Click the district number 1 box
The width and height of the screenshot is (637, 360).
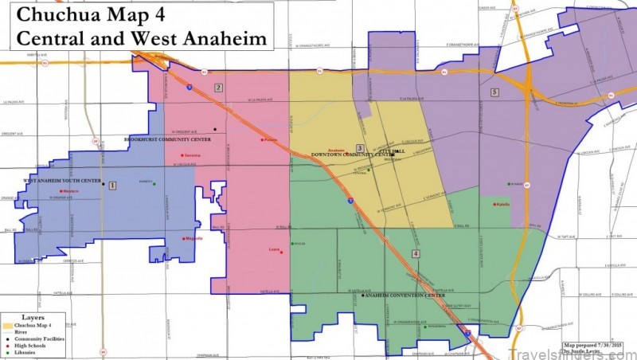[x=112, y=185]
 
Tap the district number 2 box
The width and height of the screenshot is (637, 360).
[x=218, y=88]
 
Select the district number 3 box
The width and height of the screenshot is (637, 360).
[x=360, y=148]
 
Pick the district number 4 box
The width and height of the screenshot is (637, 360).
[x=416, y=253]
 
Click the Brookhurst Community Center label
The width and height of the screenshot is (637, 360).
[x=168, y=139]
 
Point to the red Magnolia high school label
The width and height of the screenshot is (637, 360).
[x=193, y=239]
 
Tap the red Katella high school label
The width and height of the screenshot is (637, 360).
[x=503, y=205]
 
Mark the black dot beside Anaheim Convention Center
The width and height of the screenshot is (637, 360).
[x=362, y=295]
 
